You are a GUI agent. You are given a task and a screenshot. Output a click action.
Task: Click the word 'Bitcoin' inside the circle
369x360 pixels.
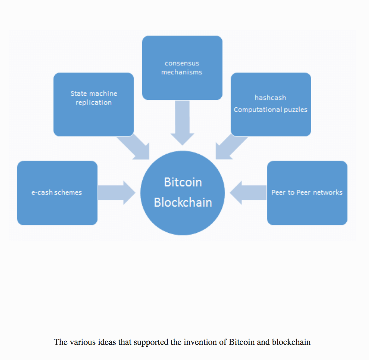point(183,182)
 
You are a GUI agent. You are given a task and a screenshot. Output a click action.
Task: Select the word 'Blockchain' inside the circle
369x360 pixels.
point(183,202)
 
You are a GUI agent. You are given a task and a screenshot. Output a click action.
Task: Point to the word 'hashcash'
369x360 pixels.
point(270,98)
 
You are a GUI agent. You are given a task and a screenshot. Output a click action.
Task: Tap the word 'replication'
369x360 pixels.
point(94,102)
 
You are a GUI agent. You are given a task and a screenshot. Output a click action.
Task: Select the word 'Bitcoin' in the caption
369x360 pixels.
point(242,342)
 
